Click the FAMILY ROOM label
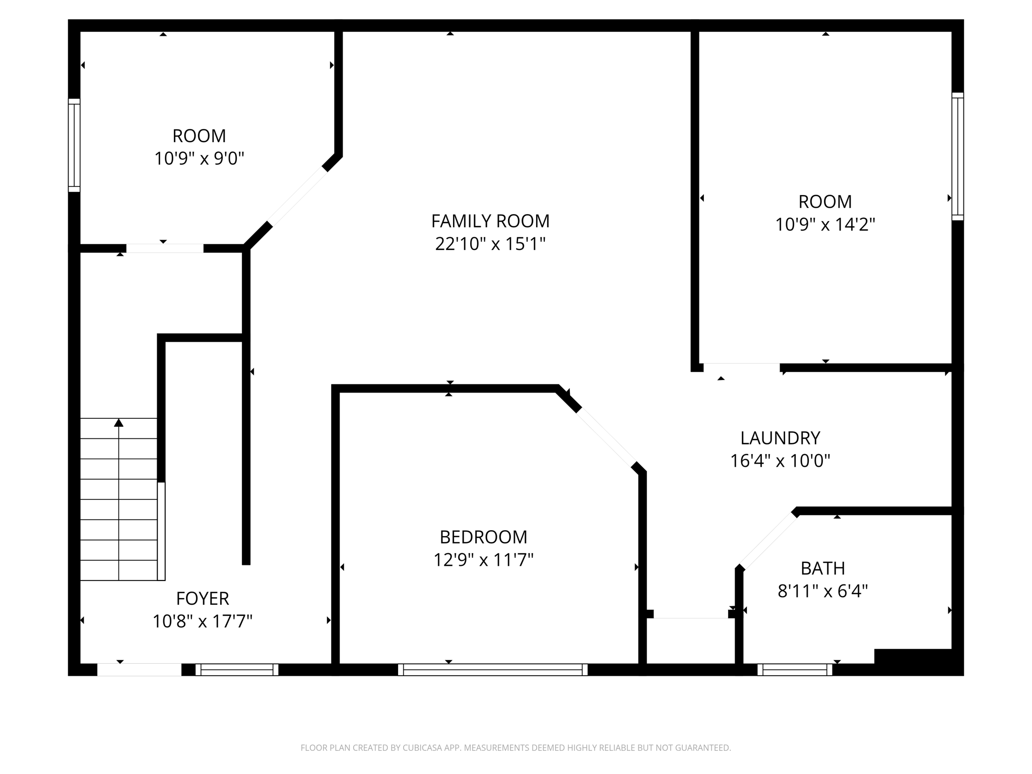tap(490, 221)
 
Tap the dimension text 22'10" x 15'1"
tap(490, 244)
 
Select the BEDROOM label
tap(483, 537)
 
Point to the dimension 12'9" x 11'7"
tap(483, 560)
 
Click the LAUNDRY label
tap(780, 438)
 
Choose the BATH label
tap(822, 568)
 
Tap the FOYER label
tap(203, 599)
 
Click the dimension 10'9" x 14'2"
tap(825, 225)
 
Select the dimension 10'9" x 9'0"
tap(199, 159)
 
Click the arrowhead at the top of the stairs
tap(119, 423)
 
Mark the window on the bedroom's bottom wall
tap(493, 670)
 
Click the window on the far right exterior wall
tap(957, 156)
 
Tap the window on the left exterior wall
tap(74, 145)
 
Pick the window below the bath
tap(795, 670)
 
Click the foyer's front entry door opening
tap(139, 670)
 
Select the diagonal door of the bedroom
tap(607, 437)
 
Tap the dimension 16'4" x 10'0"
tap(780, 461)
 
